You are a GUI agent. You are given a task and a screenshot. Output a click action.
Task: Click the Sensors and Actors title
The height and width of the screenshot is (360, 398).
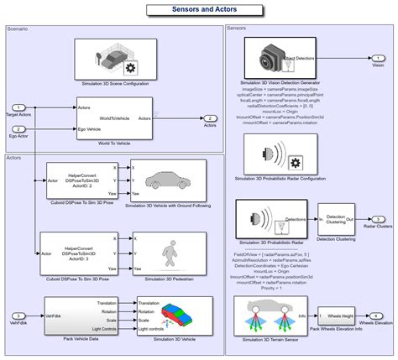point(200,9)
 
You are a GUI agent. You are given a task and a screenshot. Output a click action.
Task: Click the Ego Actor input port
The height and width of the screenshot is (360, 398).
point(18,129)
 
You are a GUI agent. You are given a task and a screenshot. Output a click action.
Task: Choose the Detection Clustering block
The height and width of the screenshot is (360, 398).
point(341,218)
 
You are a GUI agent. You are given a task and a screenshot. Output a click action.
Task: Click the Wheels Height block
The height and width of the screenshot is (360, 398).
point(339,317)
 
